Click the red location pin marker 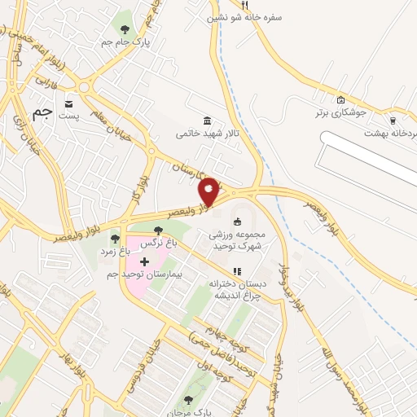(209, 191)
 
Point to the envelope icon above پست (68, 103)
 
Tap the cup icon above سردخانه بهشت (393, 120)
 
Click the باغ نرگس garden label (157, 244)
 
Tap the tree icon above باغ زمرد (115, 239)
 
